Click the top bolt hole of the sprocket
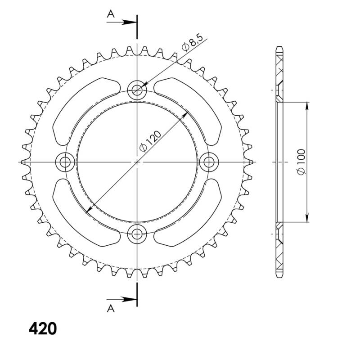pos(137,91)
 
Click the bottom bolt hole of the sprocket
pos(137,232)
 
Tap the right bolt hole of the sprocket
pos(208,162)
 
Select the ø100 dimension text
pos(301,162)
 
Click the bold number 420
pos(43,329)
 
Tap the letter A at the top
pos(110,15)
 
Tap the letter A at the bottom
pos(110,308)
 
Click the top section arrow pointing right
pos(128,21)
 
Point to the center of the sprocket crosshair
pos(137,162)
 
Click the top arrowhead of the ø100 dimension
pos(307,105)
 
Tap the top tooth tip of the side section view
pos(279,47)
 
